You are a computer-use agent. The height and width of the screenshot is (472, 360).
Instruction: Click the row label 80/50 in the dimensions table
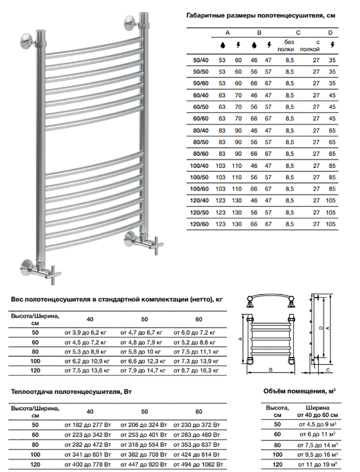(x=201, y=142)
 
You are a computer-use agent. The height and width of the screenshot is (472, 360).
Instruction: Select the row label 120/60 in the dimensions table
(x=199, y=224)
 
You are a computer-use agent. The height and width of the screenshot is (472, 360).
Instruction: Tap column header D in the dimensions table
(x=330, y=32)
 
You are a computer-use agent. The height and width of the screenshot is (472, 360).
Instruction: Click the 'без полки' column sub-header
(x=286, y=45)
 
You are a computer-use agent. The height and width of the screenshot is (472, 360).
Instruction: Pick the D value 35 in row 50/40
(x=332, y=60)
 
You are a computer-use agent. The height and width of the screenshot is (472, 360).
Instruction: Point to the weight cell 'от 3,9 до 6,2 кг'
(x=85, y=333)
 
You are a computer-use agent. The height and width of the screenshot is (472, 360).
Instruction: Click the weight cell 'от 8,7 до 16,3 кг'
(x=196, y=370)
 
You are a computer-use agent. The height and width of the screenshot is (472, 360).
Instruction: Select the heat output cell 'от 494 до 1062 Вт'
(x=198, y=464)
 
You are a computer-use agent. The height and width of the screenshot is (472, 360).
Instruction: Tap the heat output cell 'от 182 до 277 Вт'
(x=88, y=425)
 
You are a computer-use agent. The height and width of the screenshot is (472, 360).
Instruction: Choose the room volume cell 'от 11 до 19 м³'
(x=318, y=464)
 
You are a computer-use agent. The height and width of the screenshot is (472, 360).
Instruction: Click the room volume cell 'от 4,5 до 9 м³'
(x=318, y=424)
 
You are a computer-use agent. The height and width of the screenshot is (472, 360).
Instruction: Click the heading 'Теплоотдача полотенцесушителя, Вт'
(x=72, y=392)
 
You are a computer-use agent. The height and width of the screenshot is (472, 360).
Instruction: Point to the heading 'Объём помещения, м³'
(x=299, y=391)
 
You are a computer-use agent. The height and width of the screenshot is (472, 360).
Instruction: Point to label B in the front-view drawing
(x=270, y=370)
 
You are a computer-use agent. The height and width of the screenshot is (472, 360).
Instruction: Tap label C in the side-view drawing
(x=328, y=370)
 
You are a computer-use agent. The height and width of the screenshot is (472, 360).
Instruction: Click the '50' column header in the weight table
(x=144, y=319)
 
